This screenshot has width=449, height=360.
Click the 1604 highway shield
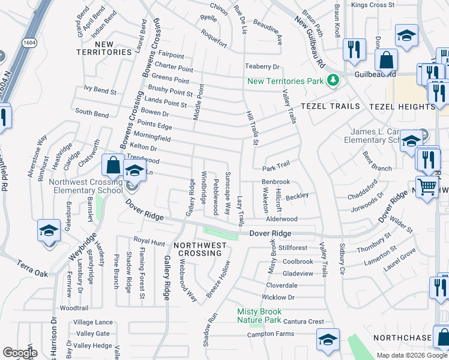coord(29,43)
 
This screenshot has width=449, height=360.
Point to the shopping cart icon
coord(427,186)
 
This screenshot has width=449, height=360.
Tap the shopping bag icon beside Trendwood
coord(113,164)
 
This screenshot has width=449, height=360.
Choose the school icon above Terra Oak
coord(49,230)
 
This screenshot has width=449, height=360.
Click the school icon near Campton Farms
coord(328,340)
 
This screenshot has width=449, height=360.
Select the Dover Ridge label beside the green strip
coord(270,233)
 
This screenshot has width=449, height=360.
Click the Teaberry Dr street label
coord(262,67)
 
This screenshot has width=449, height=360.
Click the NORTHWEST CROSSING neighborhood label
coord(200,249)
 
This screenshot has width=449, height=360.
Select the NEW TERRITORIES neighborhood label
coord(104,48)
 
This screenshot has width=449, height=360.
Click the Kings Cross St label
coord(373,5)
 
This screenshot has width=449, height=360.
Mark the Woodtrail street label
coord(74,307)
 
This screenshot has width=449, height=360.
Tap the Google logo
coord(20,353)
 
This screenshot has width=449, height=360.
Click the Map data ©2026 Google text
coord(411,355)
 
